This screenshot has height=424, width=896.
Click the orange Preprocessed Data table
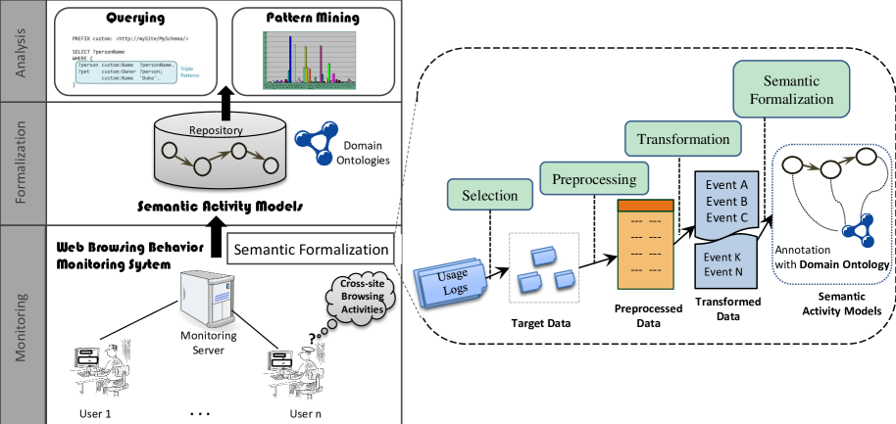click(648, 245)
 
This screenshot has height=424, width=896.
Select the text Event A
click(728, 185)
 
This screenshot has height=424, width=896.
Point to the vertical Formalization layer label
click(22, 164)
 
